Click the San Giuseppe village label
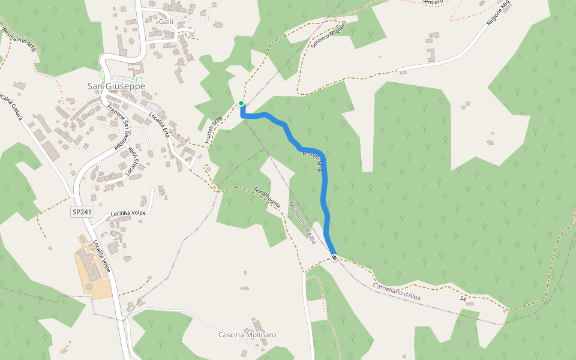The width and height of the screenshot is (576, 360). tap(116, 86)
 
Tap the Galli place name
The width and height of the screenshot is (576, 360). tap(166, 22)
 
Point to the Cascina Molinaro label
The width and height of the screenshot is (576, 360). tap(247, 335)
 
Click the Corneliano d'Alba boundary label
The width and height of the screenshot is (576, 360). tap(399, 292)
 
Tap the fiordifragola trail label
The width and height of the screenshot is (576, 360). tap(268, 197)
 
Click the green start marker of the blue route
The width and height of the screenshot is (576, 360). tap(241, 103)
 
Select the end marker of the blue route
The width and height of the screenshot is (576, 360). tap(334, 257)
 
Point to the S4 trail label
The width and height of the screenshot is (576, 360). tap(463, 298)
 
